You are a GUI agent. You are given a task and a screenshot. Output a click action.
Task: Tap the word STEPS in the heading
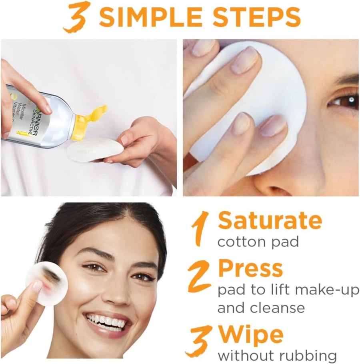[x=256, y=17]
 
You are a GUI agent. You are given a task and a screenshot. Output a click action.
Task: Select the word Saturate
[x=270, y=220]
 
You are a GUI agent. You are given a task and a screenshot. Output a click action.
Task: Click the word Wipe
[x=251, y=336]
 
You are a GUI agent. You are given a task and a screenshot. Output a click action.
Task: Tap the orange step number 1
[x=200, y=228]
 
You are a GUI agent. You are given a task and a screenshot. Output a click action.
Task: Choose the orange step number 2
[x=199, y=276]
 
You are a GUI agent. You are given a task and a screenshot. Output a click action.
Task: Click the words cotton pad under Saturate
[x=258, y=242]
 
